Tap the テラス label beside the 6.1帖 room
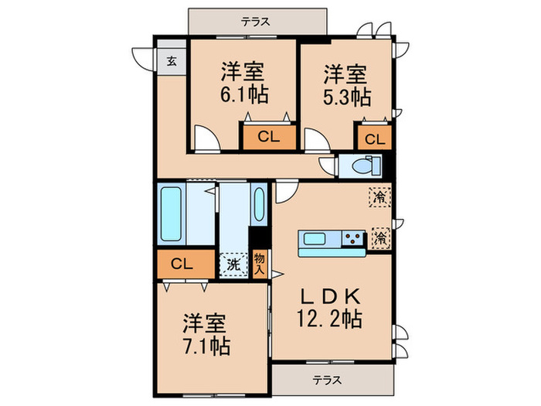(x=254, y=22)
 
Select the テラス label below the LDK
(x=329, y=380)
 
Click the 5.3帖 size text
(x=345, y=97)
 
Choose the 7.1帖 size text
(x=206, y=346)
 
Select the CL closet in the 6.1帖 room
(x=268, y=138)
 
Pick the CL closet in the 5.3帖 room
(x=373, y=139)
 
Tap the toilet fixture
(x=361, y=165)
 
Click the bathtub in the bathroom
(x=171, y=213)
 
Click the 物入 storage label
(x=260, y=264)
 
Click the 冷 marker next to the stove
(x=379, y=237)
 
